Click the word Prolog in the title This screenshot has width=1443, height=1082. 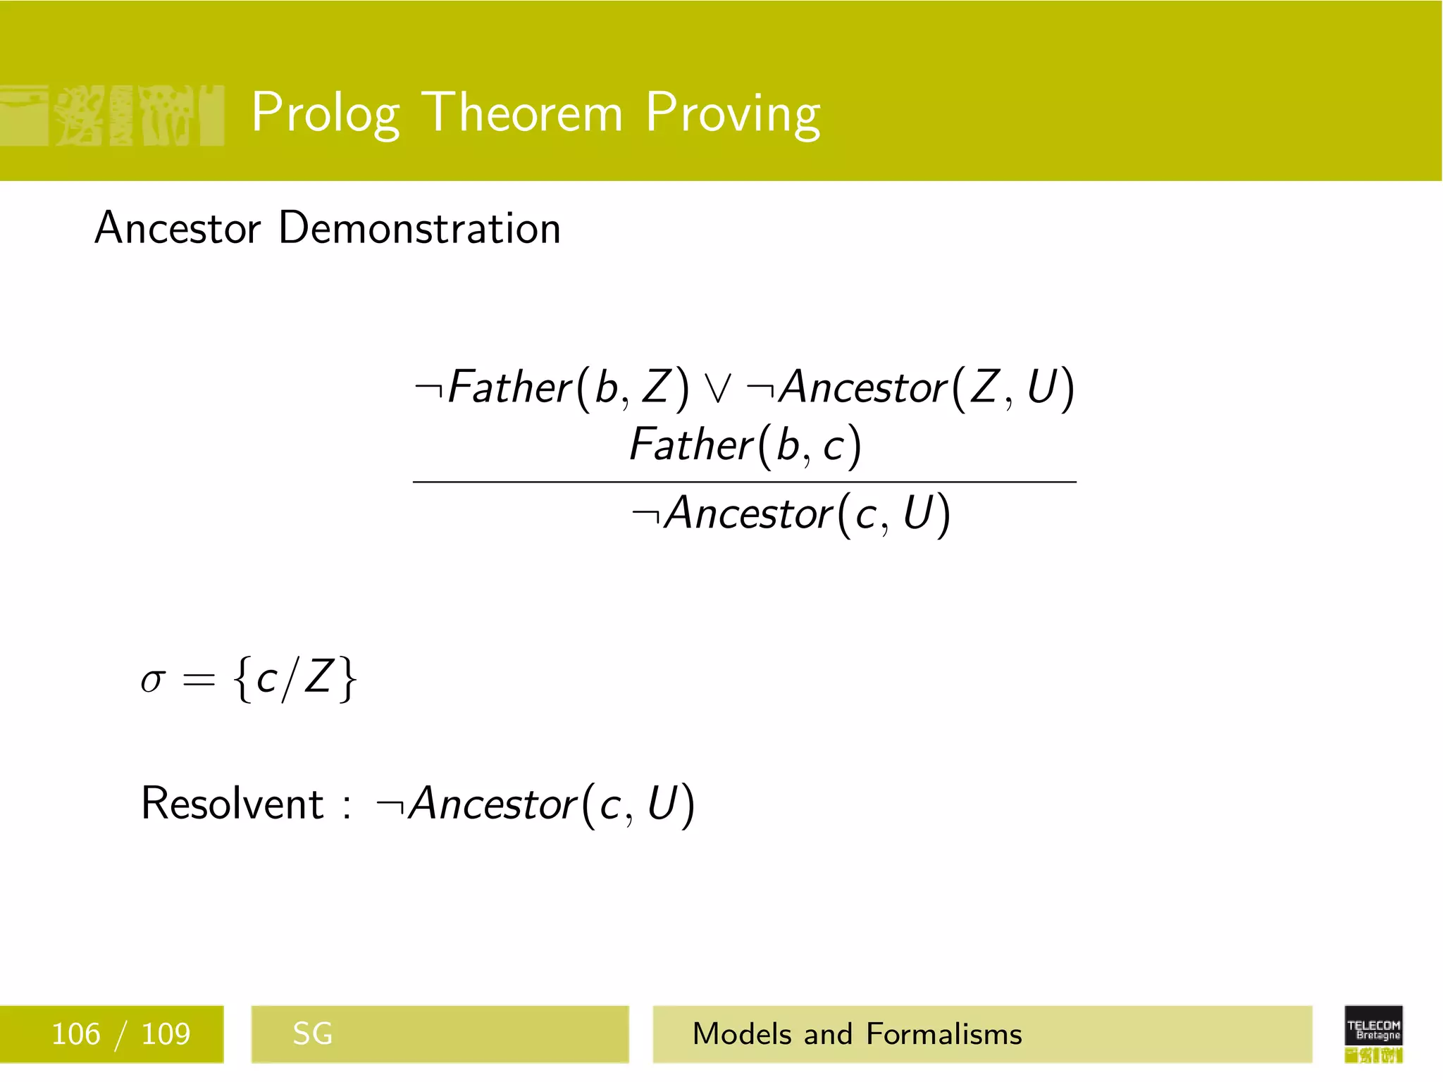click(326, 113)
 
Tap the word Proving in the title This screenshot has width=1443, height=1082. click(733, 113)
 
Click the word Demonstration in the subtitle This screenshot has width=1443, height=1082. click(419, 228)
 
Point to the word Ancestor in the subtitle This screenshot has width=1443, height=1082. click(178, 228)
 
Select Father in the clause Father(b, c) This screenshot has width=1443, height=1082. click(690, 445)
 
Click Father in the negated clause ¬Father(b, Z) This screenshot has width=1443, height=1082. click(509, 387)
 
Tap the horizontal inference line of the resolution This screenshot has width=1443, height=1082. click(744, 482)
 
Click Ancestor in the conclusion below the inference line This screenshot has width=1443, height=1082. click(749, 513)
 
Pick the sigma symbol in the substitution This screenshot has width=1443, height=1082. click(152, 680)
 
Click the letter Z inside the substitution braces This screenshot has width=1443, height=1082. click(318, 678)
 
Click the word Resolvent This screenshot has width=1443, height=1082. click(232, 803)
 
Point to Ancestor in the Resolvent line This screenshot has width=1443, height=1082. click(493, 804)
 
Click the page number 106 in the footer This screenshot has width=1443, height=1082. click(76, 1034)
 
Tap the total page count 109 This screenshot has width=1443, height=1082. click(166, 1034)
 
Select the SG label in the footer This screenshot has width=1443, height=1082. click(312, 1034)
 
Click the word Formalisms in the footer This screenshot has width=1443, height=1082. click(943, 1034)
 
